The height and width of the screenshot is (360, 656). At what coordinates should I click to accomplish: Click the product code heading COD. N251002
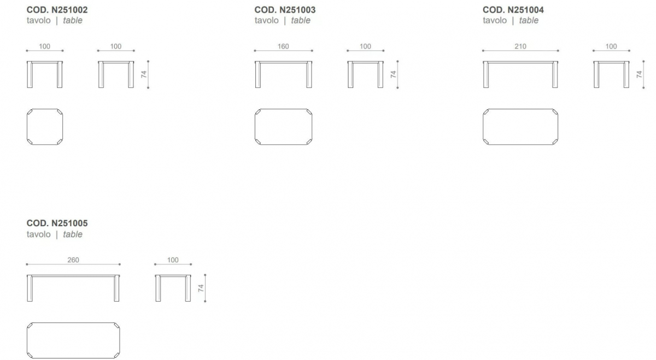[x=57, y=10]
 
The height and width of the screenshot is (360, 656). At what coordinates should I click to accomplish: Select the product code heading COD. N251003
[x=285, y=10]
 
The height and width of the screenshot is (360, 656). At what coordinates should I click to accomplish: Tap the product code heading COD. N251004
[x=513, y=10]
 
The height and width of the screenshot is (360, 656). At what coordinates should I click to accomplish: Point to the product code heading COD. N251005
[x=57, y=223]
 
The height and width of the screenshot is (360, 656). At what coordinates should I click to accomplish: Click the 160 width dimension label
[x=283, y=46]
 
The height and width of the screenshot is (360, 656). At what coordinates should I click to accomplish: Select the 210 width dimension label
[x=520, y=46]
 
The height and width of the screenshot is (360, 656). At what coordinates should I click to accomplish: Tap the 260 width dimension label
[x=73, y=260]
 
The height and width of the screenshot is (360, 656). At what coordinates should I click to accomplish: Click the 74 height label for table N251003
[x=393, y=74]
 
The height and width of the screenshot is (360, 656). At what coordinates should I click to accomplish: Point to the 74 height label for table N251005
[x=201, y=288]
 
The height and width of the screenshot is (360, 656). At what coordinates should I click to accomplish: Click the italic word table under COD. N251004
[x=529, y=21]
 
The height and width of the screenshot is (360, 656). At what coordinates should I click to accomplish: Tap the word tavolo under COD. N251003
[x=267, y=21]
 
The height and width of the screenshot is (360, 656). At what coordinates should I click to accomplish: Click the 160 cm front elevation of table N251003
[x=284, y=62]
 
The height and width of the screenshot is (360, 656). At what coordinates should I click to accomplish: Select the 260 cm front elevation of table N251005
[x=73, y=276]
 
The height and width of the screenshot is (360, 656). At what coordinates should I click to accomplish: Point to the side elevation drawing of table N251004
[x=611, y=62]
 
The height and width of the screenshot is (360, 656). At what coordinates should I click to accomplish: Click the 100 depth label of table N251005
[x=173, y=260]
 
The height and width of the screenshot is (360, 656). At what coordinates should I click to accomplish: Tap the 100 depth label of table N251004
[x=611, y=46]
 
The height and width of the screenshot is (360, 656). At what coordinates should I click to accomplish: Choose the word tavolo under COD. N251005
[x=39, y=234]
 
